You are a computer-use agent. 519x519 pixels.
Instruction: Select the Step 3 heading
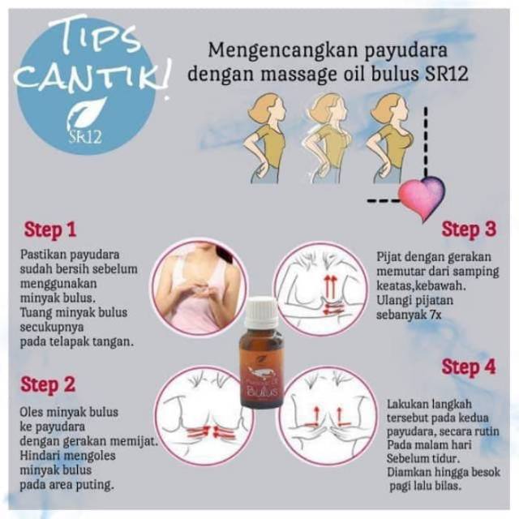click(469, 229)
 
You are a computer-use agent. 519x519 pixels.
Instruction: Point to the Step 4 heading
click(468, 367)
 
